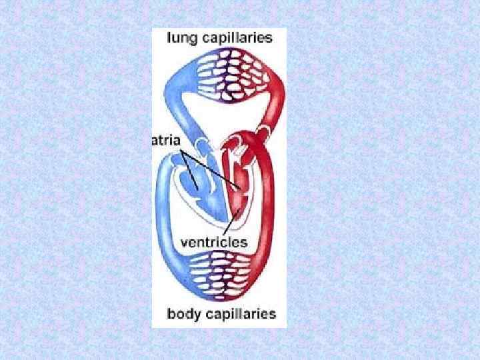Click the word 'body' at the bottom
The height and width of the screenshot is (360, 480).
point(181,313)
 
